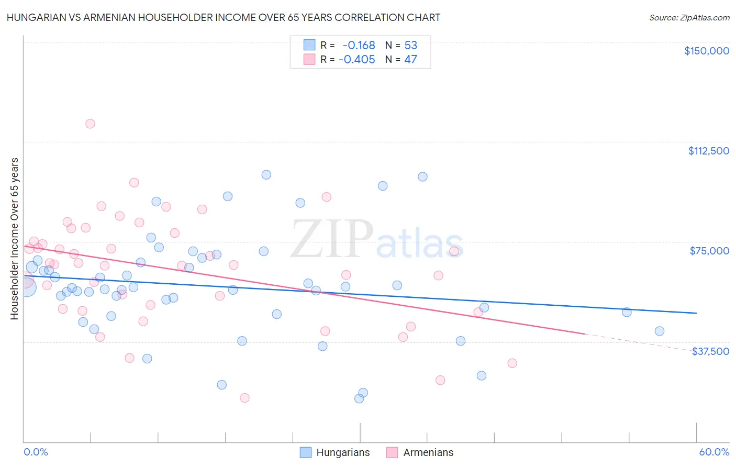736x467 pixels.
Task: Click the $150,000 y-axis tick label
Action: pyautogui.click(x=706, y=51)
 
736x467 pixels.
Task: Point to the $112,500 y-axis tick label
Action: pyautogui.click(x=708, y=151)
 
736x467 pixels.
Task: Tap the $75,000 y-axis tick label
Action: pyautogui.click(x=709, y=251)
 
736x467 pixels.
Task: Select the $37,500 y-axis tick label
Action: pyautogui.click(x=710, y=351)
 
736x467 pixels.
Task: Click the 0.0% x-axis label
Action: pyautogui.click(x=36, y=452)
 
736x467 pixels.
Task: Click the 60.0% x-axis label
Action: pyautogui.click(x=714, y=452)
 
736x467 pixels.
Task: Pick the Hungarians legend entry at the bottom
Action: pyautogui.click(x=335, y=452)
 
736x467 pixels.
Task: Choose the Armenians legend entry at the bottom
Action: pyautogui.click(x=420, y=452)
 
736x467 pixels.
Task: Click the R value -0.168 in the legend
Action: pyautogui.click(x=359, y=45)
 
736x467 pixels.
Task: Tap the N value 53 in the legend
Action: pyautogui.click(x=410, y=45)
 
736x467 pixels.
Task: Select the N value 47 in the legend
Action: pyautogui.click(x=410, y=59)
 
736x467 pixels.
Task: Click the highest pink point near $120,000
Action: pyautogui.click(x=90, y=124)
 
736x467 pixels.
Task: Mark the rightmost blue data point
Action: pyautogui.click(x=660, y=331)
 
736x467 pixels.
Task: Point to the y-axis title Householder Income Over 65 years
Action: pyautogui.click(x=14, y=239)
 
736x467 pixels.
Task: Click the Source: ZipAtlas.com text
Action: pyautogui.click(x=689, y=17)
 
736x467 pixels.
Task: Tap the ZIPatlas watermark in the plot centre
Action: pyautogui.click(x=377, y=239)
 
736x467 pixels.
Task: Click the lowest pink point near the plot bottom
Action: pyautogui.click(x=244, y=398)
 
